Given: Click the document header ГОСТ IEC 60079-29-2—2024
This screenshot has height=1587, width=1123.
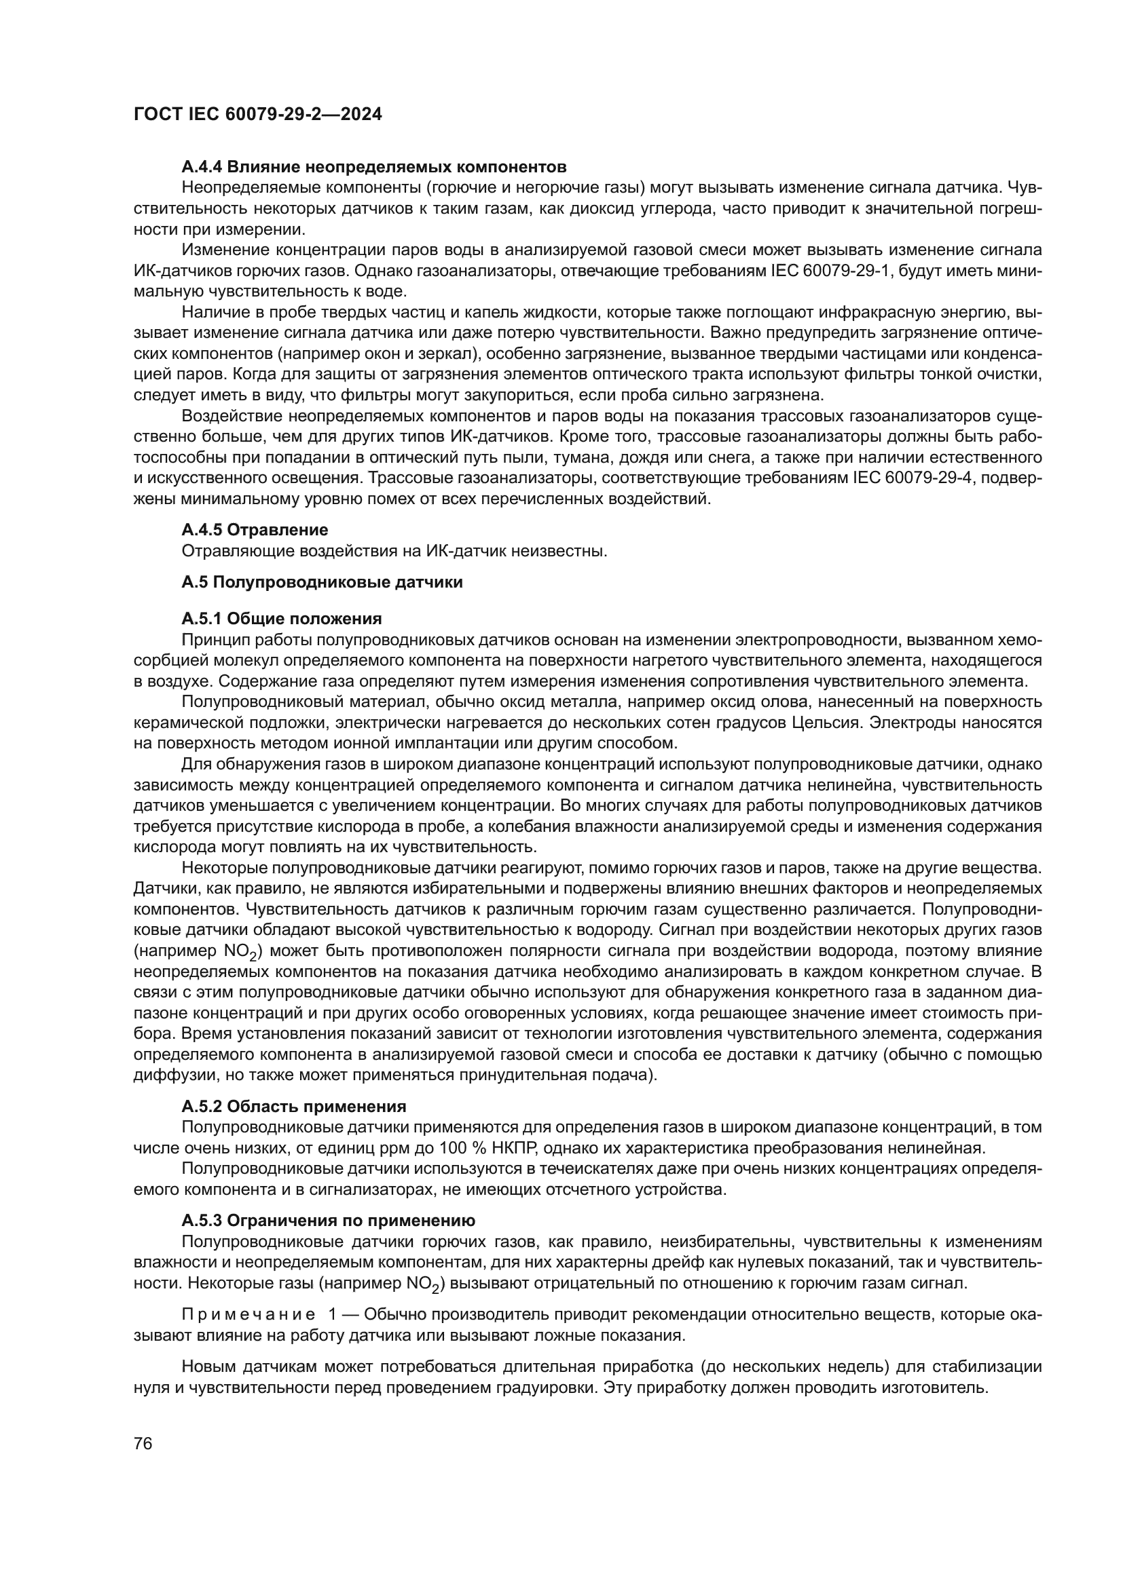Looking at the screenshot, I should pos(257,115).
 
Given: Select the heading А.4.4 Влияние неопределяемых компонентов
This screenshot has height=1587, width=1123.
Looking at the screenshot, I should pos(373,167).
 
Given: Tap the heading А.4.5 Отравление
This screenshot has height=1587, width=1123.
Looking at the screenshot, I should pos(255,530).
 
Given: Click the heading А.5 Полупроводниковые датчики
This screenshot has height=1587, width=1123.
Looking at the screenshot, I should pos(322,582).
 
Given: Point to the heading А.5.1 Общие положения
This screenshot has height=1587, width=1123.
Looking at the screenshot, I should pos(282,619).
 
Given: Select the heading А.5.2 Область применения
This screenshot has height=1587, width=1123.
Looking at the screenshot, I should pos(293,1107).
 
